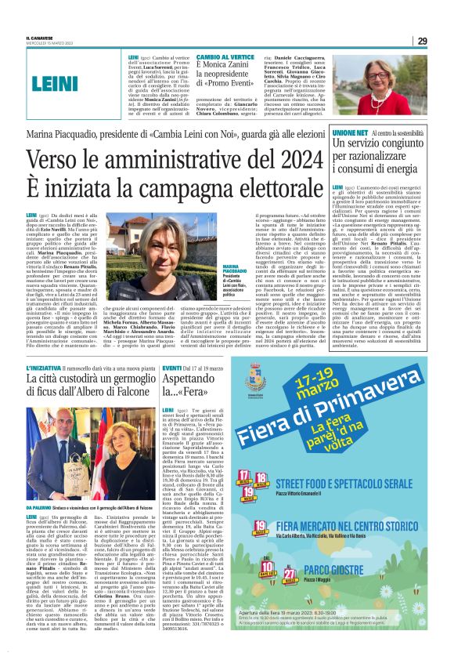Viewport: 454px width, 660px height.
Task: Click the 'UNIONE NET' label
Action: click(x=348, y=135)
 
